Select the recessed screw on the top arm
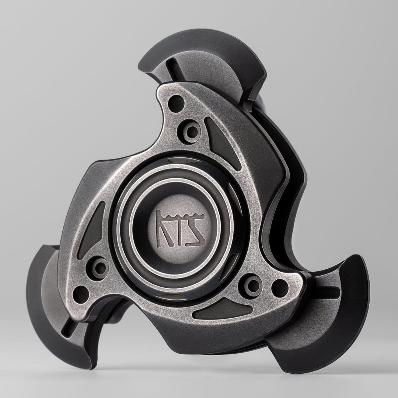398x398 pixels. coord(191,131)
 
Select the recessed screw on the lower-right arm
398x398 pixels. coord(252,285)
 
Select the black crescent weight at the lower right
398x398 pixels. coord(332,324)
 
